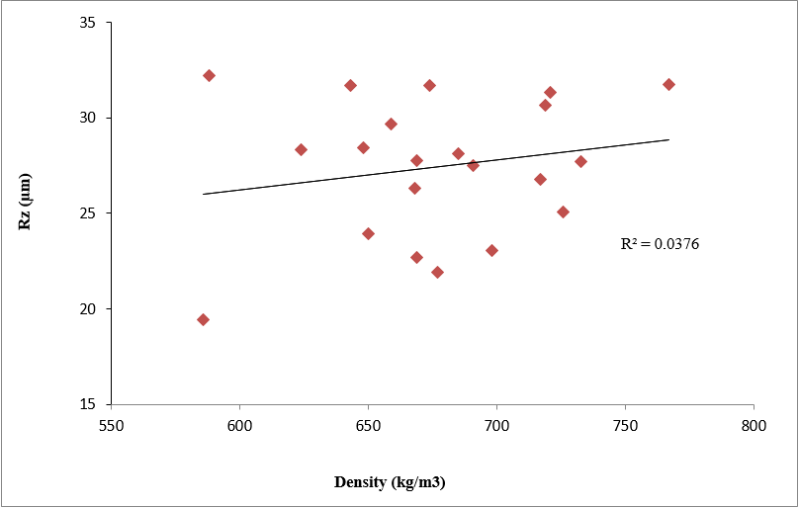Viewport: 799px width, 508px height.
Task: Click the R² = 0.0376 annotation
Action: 660,243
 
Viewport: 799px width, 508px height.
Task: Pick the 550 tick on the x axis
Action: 111,419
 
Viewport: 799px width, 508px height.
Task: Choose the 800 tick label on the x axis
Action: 754,419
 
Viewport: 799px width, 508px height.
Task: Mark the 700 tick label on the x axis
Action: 496,419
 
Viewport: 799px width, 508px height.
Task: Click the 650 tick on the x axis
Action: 368,419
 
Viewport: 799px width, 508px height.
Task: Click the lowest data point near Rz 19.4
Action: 203,319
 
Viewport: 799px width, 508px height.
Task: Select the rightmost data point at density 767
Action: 668,84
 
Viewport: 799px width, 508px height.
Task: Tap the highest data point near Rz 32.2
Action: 209,75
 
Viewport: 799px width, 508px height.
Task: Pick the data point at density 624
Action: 301,149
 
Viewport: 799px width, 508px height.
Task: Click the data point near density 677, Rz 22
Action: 437,272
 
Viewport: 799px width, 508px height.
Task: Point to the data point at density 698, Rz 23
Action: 491,250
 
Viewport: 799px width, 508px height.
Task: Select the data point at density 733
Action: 580,161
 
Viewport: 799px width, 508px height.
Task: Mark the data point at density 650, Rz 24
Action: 368,233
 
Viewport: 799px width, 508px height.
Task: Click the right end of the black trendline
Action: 668,139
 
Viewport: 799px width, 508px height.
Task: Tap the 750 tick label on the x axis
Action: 625,419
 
